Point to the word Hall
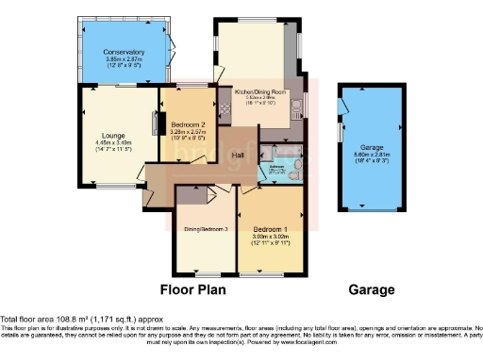coord(240,156)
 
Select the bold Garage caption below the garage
coord(372,289)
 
